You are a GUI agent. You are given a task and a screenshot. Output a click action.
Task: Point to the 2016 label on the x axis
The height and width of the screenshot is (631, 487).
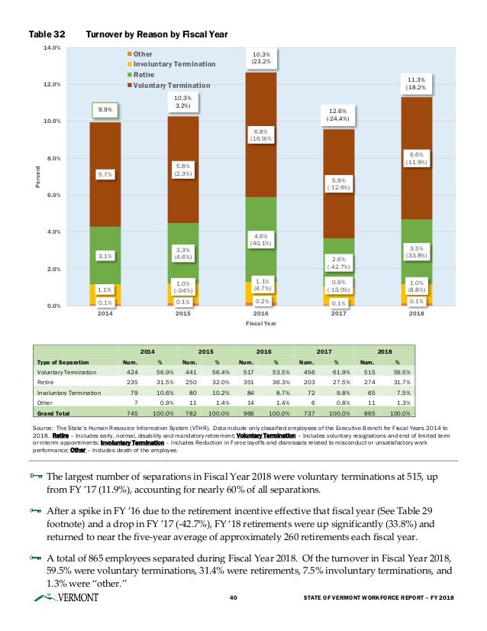[x=260, y=313]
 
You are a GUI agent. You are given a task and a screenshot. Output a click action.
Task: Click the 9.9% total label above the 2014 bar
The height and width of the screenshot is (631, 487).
[x=105, y=110]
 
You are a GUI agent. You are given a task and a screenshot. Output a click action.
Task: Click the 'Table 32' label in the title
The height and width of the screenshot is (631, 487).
[x=47, y=35]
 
